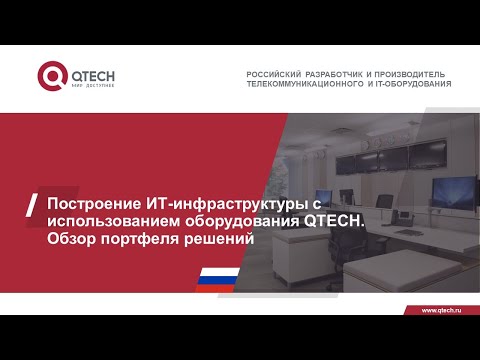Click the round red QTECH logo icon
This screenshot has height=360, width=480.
coord(51,76)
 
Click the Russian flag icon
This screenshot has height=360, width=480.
coord(216,278)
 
